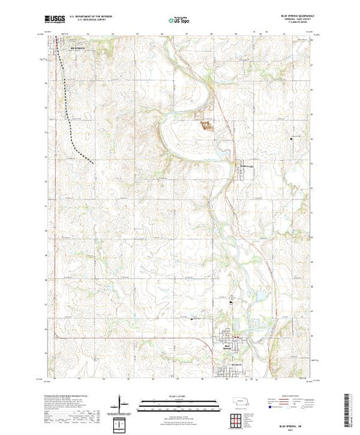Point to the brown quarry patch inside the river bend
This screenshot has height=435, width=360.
[207, 125]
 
